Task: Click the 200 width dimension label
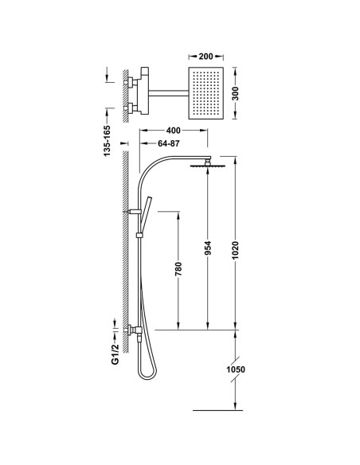tap(205, 56)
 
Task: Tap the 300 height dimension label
tap(235, 93)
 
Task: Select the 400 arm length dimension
tap(173, 131)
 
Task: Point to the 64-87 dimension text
tap(168, 143)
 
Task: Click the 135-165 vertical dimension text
tap(107, 141)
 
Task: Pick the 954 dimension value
tap(208, 248)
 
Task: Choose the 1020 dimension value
tap(235, 250)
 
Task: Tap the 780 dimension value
tap(178, 269)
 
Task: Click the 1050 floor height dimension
tap(236, 369)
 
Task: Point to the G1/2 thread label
tap(115, 354)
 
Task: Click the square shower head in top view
tap(205, 93)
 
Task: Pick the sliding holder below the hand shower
tap(139, 236)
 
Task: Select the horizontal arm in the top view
tap(168, 93)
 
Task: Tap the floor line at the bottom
tap(217, 410)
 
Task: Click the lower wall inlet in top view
tap(131, 108)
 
